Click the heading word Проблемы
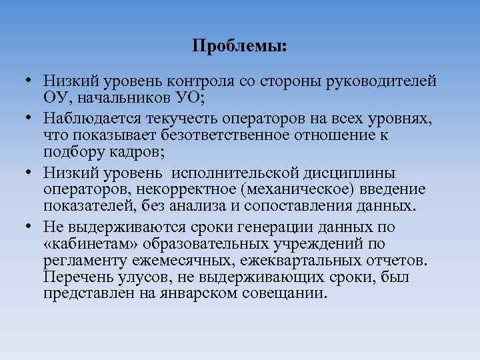tap(238, 47)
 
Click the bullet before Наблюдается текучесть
tap(29, 118)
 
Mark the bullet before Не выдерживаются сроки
tap(29, 225)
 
